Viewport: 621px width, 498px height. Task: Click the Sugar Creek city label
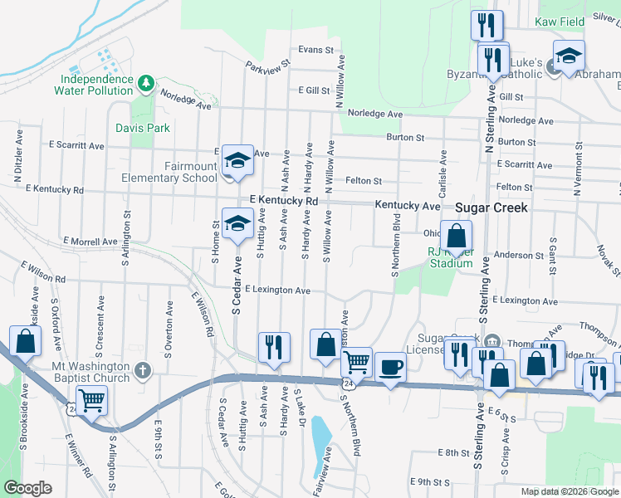coord(491,207)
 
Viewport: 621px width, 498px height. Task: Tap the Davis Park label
coord(142,128)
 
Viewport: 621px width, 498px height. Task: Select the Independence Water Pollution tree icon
coord(146,82)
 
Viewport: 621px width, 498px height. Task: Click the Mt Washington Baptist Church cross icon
coord(142,370)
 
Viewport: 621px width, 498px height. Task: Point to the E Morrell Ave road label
coord(90,242)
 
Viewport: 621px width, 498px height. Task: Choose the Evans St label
coord(315,50)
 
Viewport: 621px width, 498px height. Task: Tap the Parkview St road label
coord(269,63)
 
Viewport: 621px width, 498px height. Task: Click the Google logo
coord(27,488)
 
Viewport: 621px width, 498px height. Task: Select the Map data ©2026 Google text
coord(569,491)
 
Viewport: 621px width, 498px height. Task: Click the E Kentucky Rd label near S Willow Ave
coord(284,201)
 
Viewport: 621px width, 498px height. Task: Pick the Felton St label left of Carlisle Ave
coord(363,180)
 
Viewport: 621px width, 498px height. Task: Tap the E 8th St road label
coord(453,453)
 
